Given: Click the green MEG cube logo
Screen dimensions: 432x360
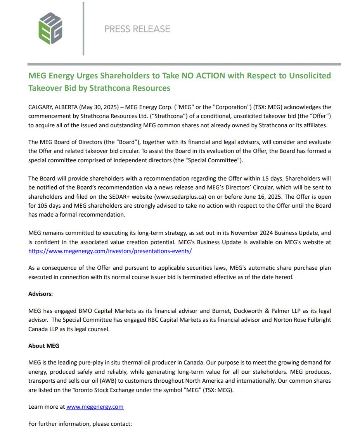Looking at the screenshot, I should point(50,28).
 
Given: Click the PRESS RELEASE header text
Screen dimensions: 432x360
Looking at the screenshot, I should point(137,29).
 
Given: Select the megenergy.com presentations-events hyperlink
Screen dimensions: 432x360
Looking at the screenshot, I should point(110,251).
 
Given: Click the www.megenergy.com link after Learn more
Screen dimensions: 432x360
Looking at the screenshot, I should point(95,407).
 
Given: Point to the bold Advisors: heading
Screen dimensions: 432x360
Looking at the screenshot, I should point(41,294).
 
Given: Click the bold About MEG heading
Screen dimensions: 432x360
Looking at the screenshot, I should point(44,345).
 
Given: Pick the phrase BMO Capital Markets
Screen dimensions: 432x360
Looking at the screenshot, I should point(107,311).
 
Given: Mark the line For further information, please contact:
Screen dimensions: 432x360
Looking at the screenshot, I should point(80,424).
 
